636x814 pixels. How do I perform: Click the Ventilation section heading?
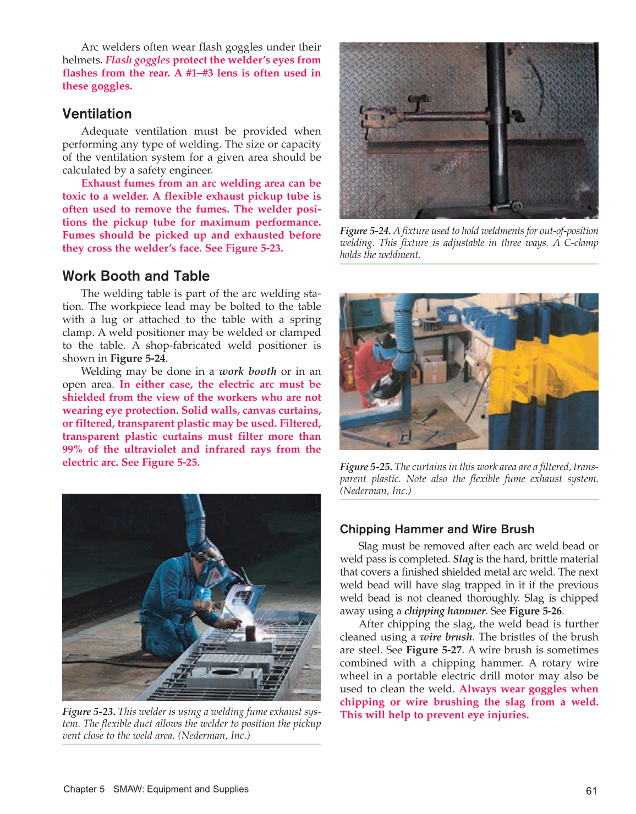(97, 114)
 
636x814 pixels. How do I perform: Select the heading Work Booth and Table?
(136, 276)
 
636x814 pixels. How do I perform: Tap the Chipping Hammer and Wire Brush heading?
(437, 529)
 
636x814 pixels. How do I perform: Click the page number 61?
(591, 791)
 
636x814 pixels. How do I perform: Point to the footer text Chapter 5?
(84, 789)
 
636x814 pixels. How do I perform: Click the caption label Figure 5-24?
(365, 231)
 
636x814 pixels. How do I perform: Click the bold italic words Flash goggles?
(138, 60)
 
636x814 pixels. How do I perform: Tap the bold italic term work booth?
(248, 372)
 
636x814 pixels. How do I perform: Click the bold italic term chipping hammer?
(445, 611)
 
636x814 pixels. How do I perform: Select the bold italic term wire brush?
(446, 637)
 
